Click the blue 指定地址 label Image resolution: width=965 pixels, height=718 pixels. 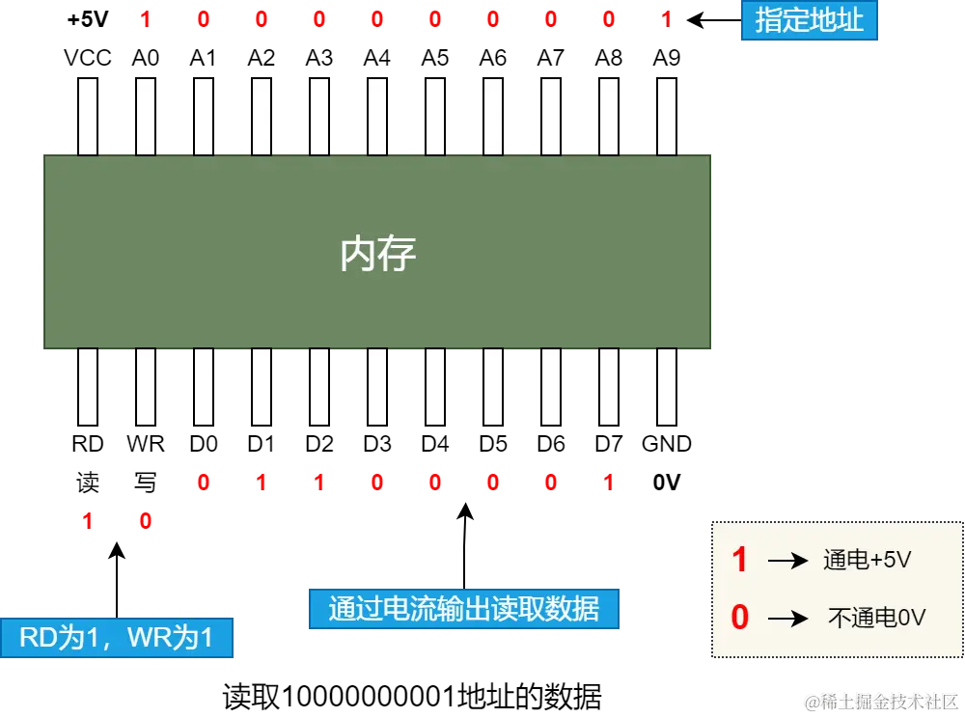(x=809, y=20)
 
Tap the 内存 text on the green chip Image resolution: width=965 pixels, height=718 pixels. (x=377, y=254)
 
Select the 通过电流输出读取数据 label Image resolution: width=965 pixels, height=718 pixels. (x=463, y=609)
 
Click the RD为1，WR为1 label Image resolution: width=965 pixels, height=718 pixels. (x=116, y=638)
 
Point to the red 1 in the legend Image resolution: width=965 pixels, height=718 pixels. (x=739, y=560)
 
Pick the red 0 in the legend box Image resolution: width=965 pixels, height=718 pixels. (x=739, y=618)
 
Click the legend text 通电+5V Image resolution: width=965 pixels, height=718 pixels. (x=867, y=560)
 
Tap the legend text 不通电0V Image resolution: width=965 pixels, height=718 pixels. (x=876, y=618)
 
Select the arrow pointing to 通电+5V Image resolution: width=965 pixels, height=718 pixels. (x=786, y=561)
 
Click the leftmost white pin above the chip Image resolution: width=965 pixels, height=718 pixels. (x=88, y=116)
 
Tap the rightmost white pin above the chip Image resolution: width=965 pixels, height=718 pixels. (x=667, y=116)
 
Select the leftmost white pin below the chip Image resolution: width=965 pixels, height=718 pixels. (x=88, y=386)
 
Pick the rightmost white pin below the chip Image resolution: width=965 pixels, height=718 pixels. (x=667, y=386)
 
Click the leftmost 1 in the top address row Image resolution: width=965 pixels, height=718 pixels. (x=146, y=19)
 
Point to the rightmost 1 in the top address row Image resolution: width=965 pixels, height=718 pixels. (x=666, y=19)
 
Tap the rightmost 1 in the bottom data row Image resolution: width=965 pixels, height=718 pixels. (x=608, y=482)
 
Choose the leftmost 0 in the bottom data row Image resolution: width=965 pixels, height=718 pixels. (x=203, y=482)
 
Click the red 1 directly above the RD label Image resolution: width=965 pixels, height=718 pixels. (x=87, y=522)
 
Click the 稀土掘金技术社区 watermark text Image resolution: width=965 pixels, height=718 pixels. (x=880, y=700)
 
